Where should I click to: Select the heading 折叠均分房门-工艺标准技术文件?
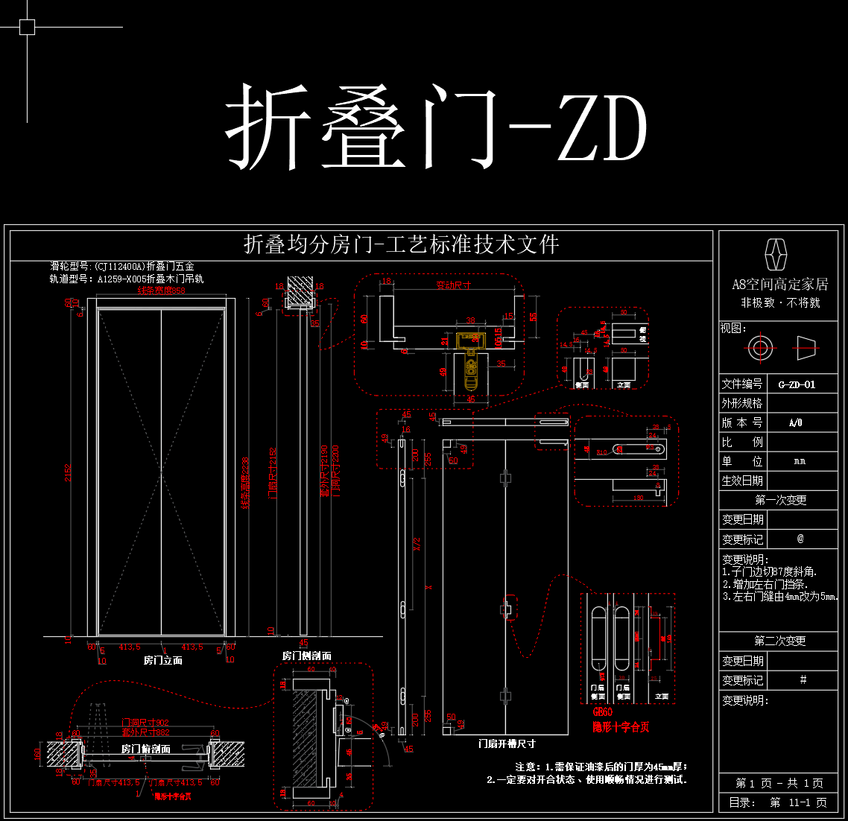click(x=402, y=244)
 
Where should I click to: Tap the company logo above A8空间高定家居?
click(x=777, y=255)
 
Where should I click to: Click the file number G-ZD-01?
click(x=797, y=384)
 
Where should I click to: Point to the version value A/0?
click(x=795, y=422)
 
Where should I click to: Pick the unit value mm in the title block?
click(x=800, y=461)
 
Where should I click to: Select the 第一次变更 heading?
click(x=780, y=500)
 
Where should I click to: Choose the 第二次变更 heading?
click(x=779, y=641)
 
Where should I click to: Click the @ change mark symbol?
click(x=800, y=539)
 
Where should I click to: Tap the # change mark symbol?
click(x=803, y=679)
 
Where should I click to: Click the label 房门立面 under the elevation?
click(x=162, y=660)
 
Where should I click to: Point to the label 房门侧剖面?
click(x=306, y=656)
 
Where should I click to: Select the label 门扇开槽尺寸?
click(x=507, y=743)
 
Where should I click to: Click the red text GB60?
click(x=602, y=713)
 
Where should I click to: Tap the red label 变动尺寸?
click(x=453, y=285)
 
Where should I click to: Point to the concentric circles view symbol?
click(x=760, y=347)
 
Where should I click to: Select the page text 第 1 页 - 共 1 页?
click(x=779, y=783)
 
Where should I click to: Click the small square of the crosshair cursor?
click(x=27, y=28)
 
